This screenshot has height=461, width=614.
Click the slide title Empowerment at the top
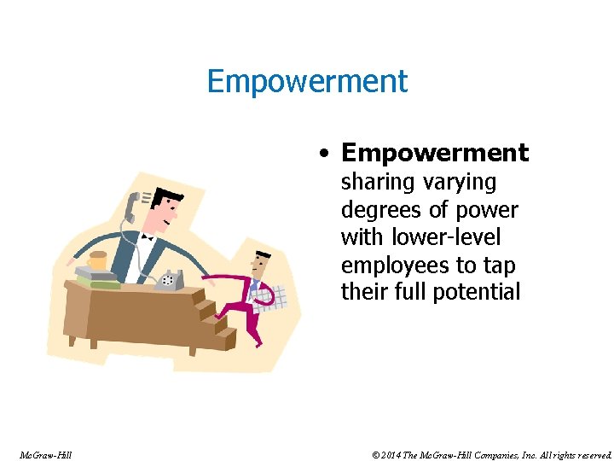click(x=307, y=82)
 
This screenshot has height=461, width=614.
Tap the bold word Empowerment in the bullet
click(x=435, y=153)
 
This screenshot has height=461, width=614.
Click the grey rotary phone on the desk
click(x=169, y=278)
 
